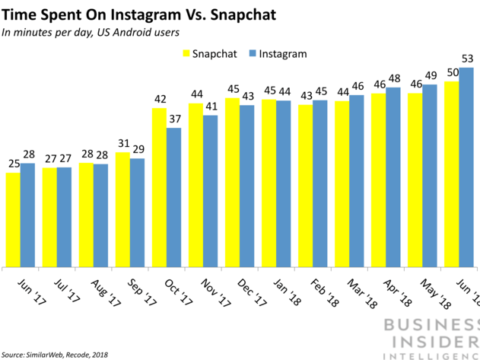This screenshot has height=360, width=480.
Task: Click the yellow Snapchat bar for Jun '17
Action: (x=12, y=220)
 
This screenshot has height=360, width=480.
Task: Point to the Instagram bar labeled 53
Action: (x=466, y=167)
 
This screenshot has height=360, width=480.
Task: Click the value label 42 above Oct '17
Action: (x=159, y=100)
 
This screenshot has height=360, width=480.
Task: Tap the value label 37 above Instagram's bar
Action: (x=174, y=119)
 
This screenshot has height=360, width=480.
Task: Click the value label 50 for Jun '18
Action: (x=452, y=73)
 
